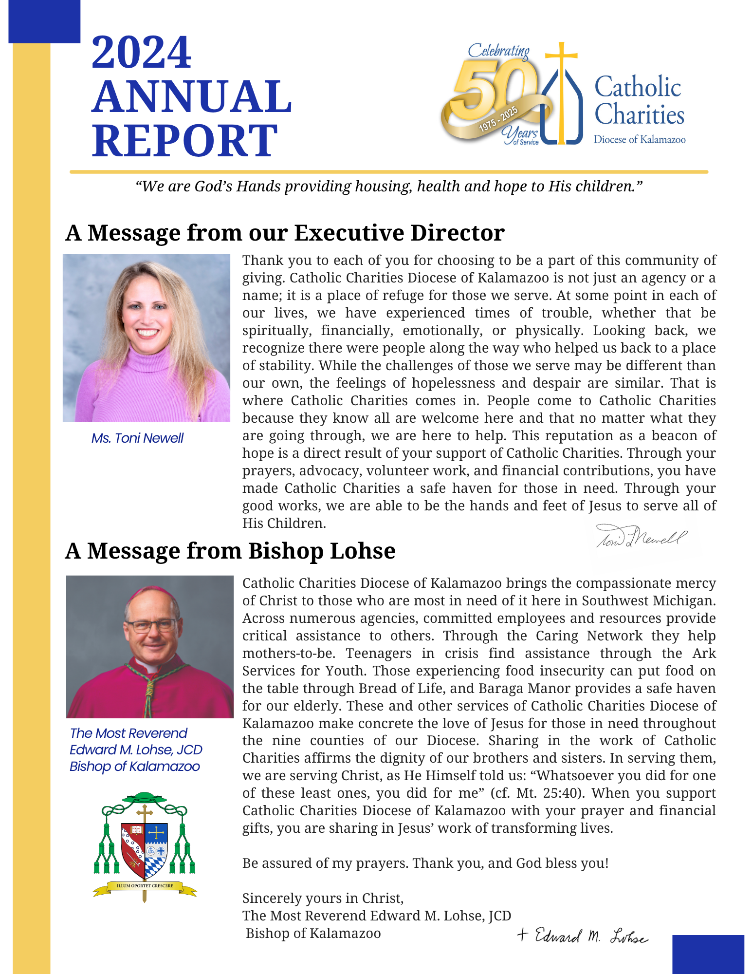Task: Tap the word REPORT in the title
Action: (x=185, y=141)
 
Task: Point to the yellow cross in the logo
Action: (x=561, y=88)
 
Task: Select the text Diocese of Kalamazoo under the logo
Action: (x=639, y=140)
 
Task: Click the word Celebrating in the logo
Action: (x=498, y=51)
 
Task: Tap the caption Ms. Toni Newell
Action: (x=137, y=438)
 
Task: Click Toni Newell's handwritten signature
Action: (x=641, y=537)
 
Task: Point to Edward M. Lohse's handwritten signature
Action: (x=583, y=936)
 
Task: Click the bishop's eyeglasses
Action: (x=152, y=625)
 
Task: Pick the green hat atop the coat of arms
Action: (x=144, y=798)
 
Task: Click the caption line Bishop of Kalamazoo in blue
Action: (x=134, y=766)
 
